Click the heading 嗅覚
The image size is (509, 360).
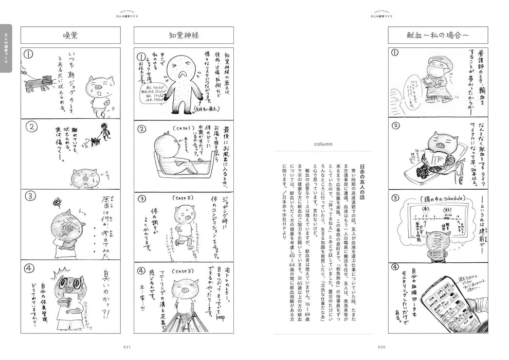click(70, 35)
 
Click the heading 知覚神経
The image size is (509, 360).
click(184, 35)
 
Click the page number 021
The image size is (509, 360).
click(128, 347)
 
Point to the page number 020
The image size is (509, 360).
click(381, 347)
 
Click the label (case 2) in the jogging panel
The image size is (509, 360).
click(183, 199)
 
